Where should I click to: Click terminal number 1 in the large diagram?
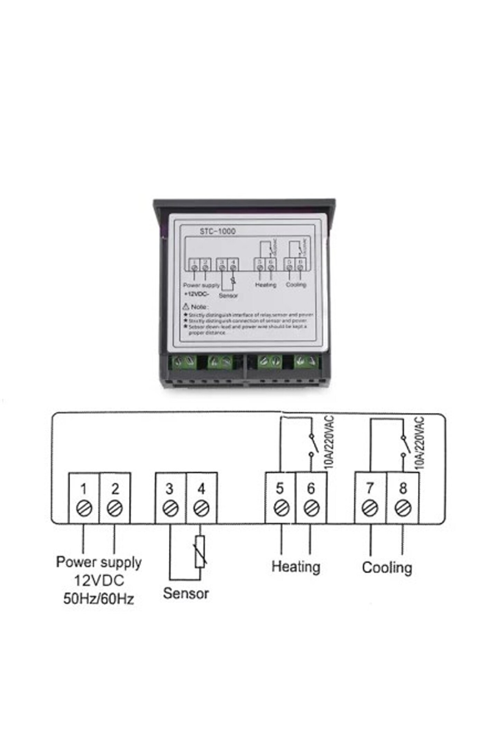[83, 489]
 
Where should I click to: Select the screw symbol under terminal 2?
[115, 508]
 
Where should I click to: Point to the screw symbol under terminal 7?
[370, 508]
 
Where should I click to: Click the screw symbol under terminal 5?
[281, 508]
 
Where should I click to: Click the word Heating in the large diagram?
[296, 566]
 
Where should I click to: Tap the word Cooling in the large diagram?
[387, 568]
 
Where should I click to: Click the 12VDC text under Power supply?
[99, 580]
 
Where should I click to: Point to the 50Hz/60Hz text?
[99, 599]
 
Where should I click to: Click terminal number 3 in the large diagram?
[169, 489]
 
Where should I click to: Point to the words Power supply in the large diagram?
[99, 562]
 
